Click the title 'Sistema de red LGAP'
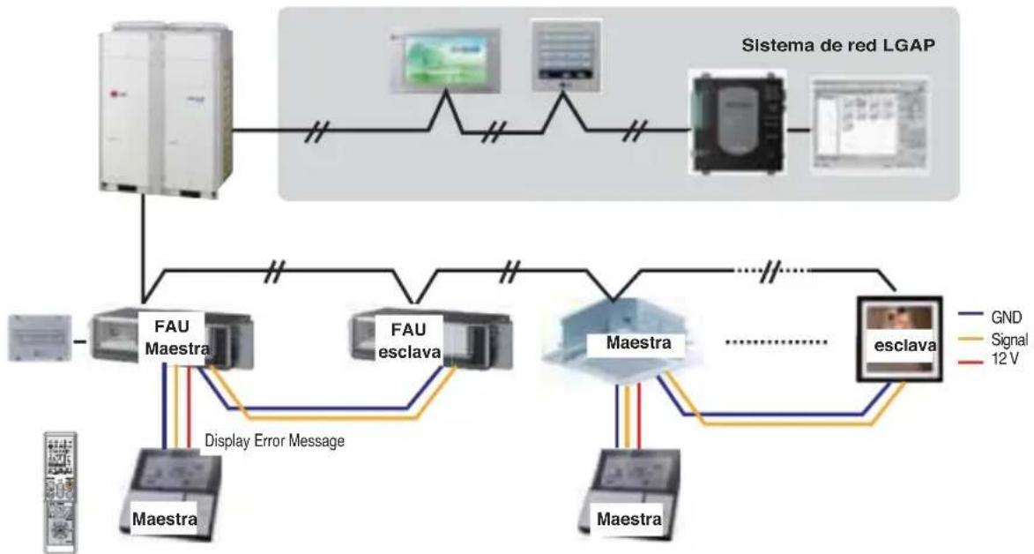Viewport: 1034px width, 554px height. [x=838, y=46]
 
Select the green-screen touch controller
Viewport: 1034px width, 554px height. [x=445, y=60]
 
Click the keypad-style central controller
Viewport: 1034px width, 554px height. [x=567, y=56]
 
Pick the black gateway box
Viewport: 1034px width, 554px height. [x=738, y=122]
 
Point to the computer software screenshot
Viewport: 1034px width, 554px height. [x=870, y=124]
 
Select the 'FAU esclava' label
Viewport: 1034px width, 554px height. [x=409, y=341]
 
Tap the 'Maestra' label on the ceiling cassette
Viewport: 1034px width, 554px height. [x=638, y=342]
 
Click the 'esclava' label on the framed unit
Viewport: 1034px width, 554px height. [x=904, y=345]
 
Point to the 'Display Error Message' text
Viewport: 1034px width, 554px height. [x=274, y=440]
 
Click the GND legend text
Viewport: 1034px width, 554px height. [x=1006, y=318]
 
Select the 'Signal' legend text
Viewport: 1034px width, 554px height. [x=1009, y=340]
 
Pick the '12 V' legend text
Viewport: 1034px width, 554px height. [x=1005, y=360]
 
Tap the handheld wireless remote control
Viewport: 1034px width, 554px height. [x=61, y=492]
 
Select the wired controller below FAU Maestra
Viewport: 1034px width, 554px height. [x=169, y=491]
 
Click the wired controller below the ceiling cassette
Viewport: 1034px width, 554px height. [x=631, y=492]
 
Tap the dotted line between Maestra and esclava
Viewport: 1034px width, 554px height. [x=776, y=342]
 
